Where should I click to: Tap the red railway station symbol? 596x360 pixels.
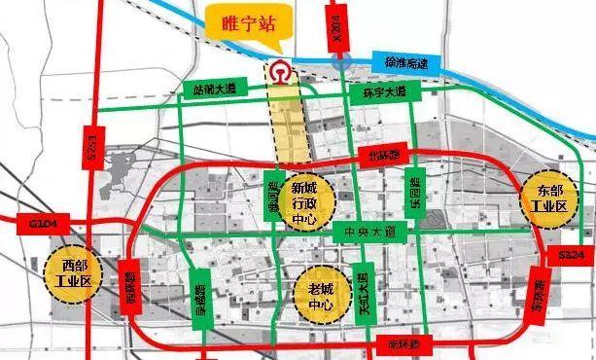(281, 72)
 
